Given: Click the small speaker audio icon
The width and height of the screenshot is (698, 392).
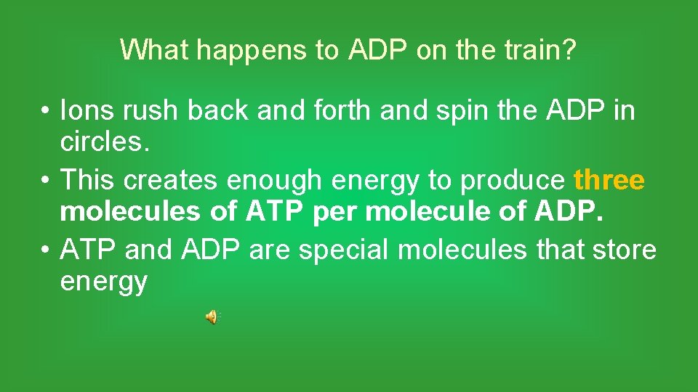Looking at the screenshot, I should [x=211, y=317].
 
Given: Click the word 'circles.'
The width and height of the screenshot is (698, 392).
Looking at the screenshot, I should [x=105, y=142].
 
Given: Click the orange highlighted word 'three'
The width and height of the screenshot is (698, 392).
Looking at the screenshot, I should [x=609, y=181].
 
